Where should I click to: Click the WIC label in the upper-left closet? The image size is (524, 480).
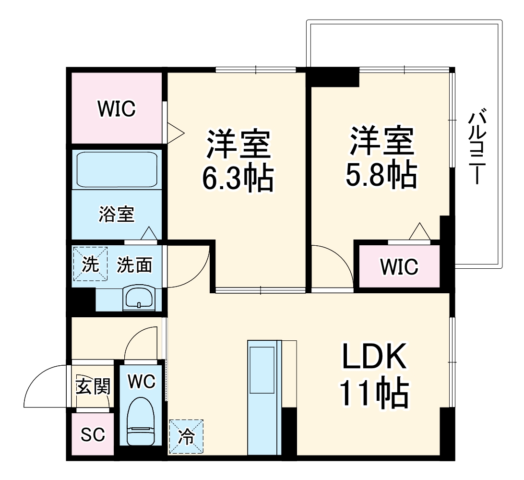coord(117,109)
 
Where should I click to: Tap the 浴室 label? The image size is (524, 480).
coord(117,214)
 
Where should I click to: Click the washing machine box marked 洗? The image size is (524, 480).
coord(89,264)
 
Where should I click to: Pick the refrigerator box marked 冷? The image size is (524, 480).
coord(186,436)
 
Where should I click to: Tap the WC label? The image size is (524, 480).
coord(142,382)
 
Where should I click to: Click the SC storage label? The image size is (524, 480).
coord(93,435)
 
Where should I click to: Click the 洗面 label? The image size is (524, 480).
coord(135,264)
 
